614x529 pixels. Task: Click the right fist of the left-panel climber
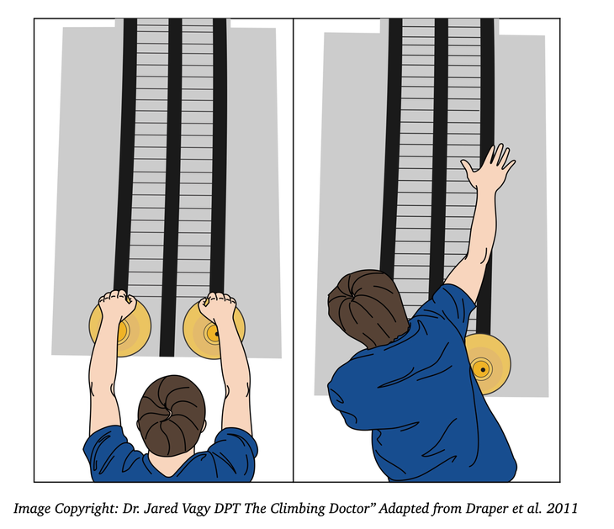pos(217,305)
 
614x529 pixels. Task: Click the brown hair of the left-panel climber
pos(172,415)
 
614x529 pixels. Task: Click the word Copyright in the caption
pos(86,509)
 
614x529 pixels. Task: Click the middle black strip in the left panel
pos(172,188)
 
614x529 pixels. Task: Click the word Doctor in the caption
pos(349,508)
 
